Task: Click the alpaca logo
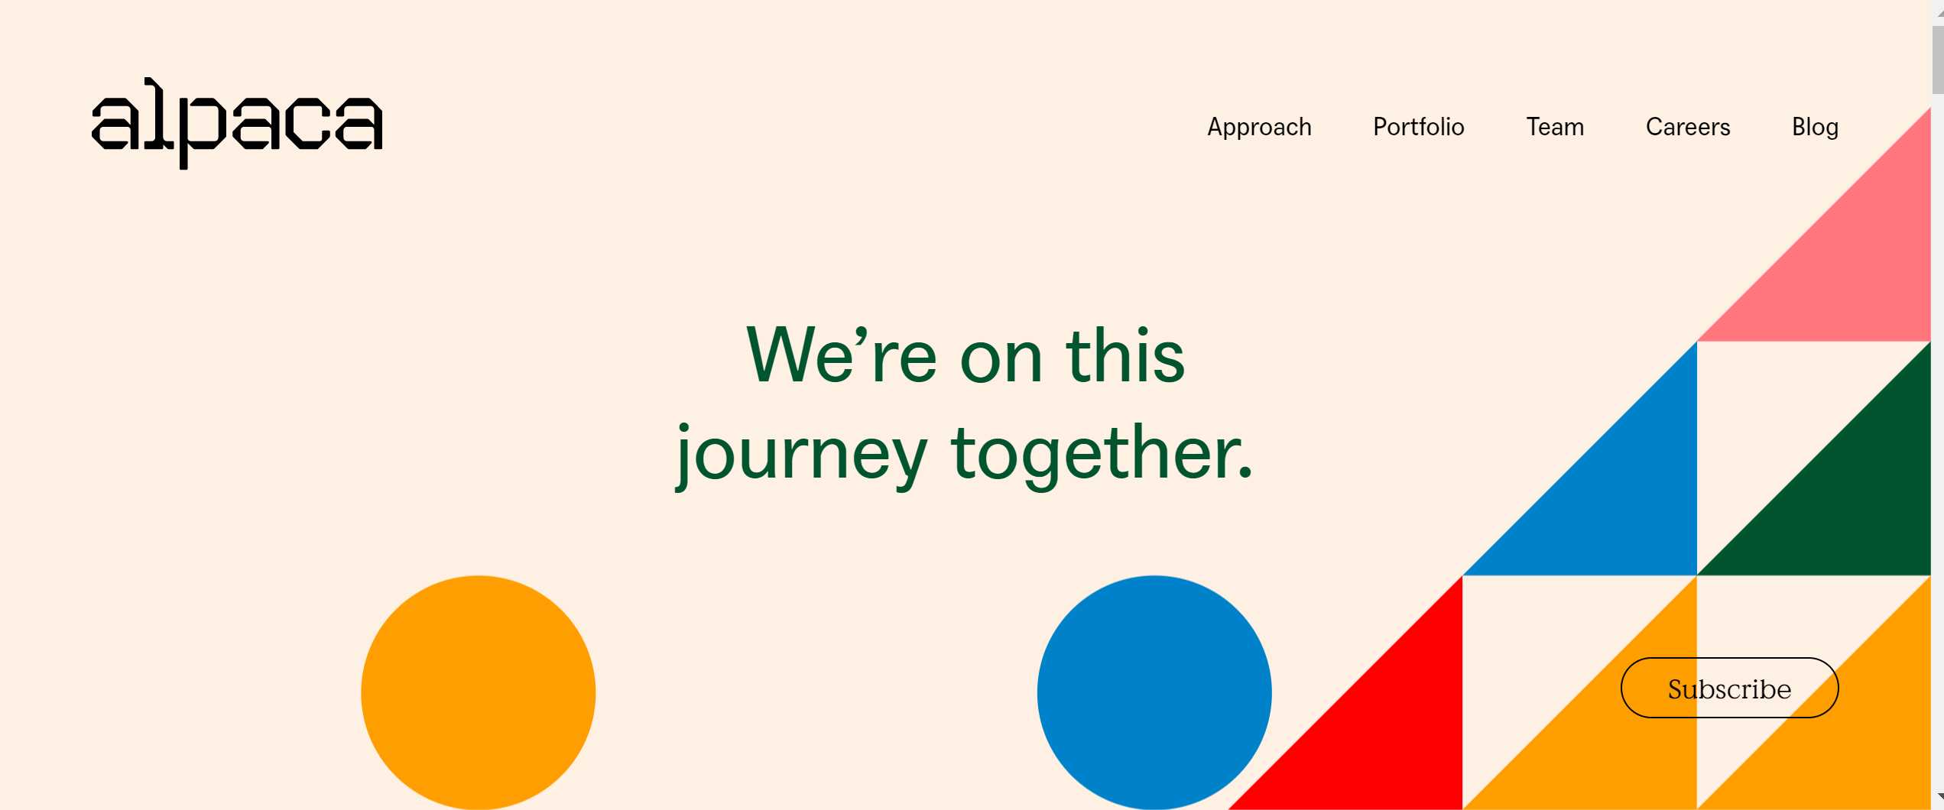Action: (237, 122)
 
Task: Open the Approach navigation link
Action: (1259, 127)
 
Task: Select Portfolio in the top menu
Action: (1419, 126)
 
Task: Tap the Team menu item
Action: (1555, 126)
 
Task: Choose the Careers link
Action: (1688, 126)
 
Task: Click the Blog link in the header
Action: (1815, 127)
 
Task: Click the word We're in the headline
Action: (841, 355)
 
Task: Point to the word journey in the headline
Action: (801, 455)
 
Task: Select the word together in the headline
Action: (1091, 455)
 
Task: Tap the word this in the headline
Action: (1125, 355)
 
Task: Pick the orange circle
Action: (478, 692)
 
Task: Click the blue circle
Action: (1154, 692)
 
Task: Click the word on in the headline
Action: (1001, 362)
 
